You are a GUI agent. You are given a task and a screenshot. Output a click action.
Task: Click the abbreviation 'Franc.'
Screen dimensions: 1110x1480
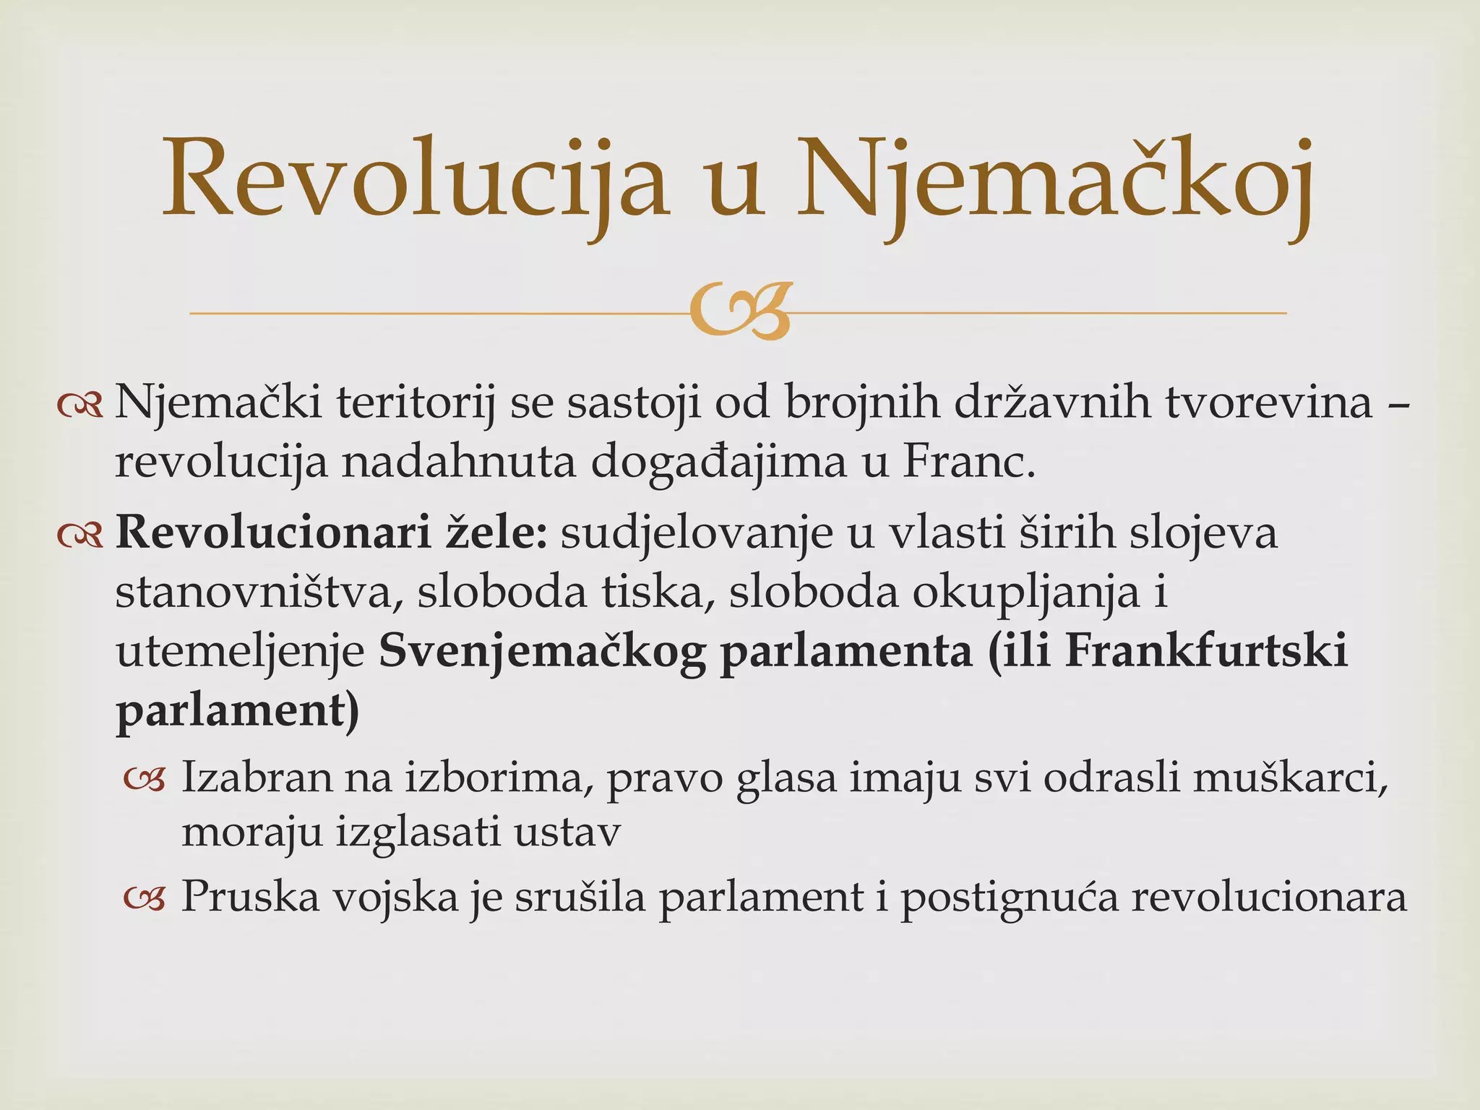coord(969,462)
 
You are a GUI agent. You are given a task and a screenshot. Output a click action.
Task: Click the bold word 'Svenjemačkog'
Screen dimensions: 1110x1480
coord(542,652)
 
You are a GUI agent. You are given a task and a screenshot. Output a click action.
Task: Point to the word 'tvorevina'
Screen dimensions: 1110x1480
coord(1269,402)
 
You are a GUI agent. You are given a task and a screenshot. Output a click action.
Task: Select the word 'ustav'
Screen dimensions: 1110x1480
coord(567,833)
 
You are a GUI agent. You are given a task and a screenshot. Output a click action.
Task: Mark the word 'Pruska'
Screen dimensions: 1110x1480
coord(250,897)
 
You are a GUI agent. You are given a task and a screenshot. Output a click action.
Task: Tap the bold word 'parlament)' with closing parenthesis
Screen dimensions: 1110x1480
coord(238,712)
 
